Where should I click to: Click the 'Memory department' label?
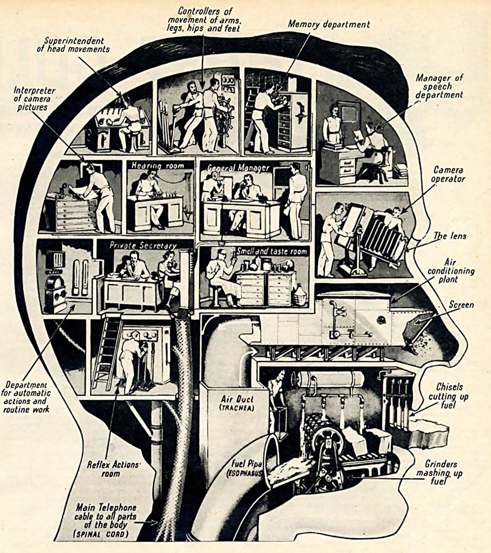click(329, 25)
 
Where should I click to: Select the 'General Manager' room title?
click(238, 168)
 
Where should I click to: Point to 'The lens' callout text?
click(450, 236)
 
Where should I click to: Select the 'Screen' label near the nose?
click(462, 305)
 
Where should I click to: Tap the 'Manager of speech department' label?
click(440, 87)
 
